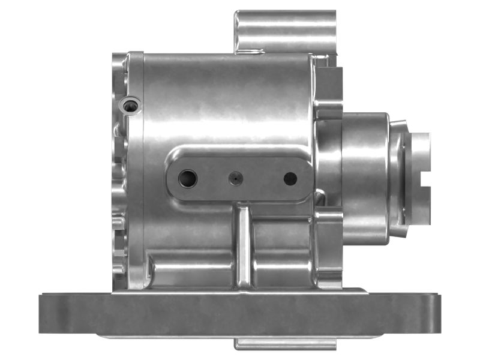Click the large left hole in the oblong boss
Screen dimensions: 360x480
tap(188, 178)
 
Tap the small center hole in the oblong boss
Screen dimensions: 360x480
tap(235, 178)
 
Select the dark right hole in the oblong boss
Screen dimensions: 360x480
tap(290, 178)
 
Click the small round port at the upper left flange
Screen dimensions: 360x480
tap(130, 106)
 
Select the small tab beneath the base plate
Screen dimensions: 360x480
tap(285, 344)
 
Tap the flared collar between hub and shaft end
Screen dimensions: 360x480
tap(398, 177)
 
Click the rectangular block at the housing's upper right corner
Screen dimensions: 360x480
tap(329, 90)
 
